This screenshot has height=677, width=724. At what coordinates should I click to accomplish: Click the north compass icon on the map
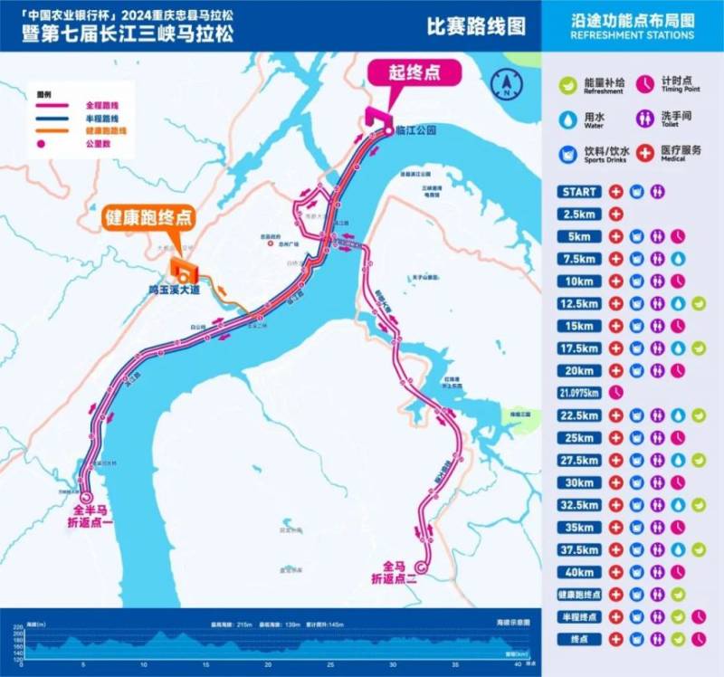504,86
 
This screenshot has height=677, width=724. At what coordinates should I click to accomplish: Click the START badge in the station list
579,192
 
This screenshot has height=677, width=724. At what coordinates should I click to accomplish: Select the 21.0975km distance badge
579,393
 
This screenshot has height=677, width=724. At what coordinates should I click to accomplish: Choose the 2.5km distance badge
579,215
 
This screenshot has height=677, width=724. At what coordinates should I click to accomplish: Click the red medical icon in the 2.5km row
616,215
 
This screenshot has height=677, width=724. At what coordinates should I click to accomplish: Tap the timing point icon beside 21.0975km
616,393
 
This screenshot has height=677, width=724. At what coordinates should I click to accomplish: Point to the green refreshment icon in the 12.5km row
698,304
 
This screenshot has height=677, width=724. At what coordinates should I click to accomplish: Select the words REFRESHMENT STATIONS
633,35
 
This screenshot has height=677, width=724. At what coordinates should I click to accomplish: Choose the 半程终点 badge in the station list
579,616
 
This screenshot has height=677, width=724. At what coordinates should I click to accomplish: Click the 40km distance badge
579,572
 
